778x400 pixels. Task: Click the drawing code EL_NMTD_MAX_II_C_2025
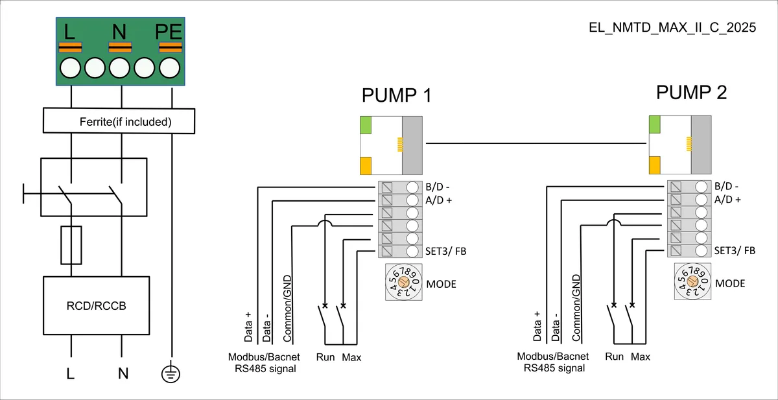point(672,27)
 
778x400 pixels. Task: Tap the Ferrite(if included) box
point(119,121)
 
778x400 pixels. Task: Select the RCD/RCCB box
point(96,305)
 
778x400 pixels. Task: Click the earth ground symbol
point(171,373)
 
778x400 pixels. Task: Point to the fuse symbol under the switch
point(71,245)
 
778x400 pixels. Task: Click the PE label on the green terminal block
point(169,32)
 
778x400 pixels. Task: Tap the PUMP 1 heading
point(397,95)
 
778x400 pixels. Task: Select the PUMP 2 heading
point(691,92)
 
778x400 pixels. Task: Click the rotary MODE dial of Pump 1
point(403,282)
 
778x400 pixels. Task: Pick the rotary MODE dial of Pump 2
point(692,281)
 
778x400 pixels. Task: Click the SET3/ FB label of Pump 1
point(445,251)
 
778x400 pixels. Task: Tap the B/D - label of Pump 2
point(726,187)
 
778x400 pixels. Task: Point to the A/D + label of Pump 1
point(438,200)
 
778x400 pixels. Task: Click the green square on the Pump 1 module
point(366,125)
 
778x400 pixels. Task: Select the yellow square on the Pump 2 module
point(655,165)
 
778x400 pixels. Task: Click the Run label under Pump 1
point(325,357)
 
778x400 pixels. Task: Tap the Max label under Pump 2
point(641,357)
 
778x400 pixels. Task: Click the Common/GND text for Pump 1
point(287,309)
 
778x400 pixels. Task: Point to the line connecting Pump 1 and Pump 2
point(536,143)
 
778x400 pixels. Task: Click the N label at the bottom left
point(123,373)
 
